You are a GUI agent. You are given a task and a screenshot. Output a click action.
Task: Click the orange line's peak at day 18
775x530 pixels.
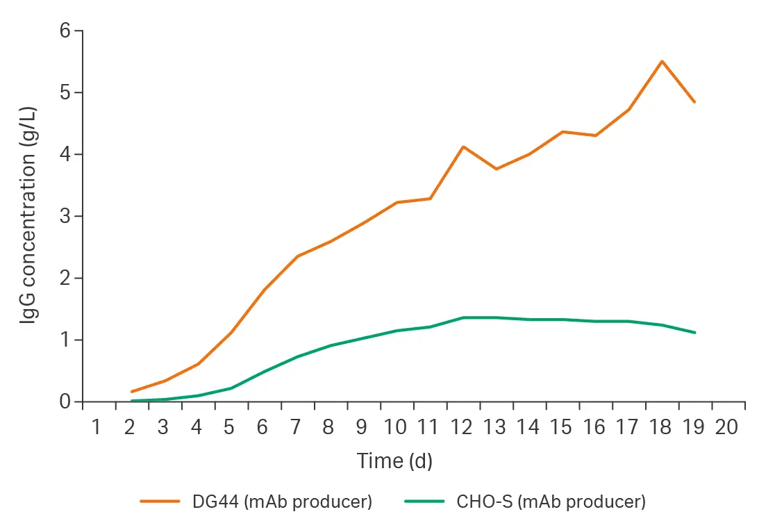662,61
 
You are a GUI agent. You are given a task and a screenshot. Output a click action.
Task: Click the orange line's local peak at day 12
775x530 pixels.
462,147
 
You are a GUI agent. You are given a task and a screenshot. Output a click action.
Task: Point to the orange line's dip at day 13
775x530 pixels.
496,169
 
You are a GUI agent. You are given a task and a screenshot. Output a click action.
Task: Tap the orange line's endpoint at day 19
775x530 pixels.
694,102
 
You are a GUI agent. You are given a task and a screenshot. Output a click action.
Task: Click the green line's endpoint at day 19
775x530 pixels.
694,333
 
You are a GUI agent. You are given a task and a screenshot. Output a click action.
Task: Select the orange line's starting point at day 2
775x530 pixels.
131,392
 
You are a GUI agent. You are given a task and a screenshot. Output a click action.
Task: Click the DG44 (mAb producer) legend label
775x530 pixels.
282,502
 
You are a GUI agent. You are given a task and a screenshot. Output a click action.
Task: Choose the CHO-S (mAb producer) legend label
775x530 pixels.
551,502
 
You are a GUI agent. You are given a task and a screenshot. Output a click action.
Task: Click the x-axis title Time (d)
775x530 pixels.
394,461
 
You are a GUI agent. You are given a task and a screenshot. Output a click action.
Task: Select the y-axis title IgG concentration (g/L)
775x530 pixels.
28,216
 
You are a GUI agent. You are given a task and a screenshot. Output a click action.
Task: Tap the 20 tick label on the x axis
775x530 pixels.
726,427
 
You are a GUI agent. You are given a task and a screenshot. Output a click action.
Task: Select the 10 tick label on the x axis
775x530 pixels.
395,427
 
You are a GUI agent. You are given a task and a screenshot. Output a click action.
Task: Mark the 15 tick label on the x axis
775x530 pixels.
561,427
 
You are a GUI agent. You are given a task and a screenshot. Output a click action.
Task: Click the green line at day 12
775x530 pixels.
462,317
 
